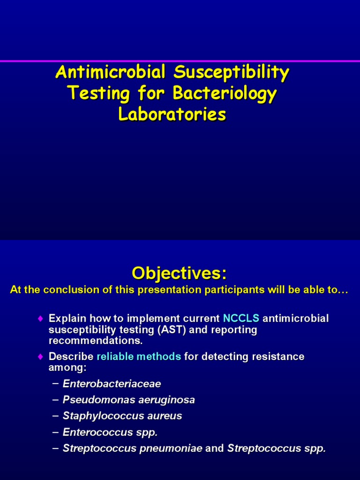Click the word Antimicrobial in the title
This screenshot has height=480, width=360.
110,73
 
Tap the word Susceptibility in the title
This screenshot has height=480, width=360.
231,73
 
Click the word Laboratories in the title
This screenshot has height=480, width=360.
172,114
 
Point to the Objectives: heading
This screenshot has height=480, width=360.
179,272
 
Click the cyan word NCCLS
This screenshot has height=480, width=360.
241,319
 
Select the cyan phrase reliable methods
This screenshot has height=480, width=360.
139,357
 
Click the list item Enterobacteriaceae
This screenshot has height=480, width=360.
112,384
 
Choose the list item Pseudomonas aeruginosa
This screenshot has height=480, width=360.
129,400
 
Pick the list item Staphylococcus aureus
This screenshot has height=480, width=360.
122,416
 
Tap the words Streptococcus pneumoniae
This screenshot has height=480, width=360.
133,448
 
